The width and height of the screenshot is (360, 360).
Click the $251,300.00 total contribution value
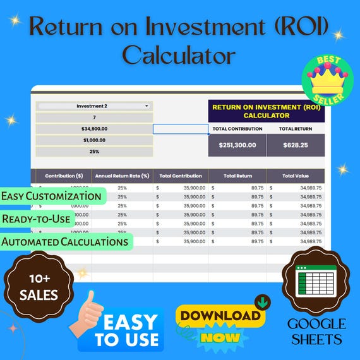click(x=237, y=145)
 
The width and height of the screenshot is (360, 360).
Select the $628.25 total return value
click(x=295, y=145)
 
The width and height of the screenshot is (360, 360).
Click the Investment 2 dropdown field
click(x=95, y=106)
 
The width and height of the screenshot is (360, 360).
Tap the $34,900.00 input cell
click(x=95, y=129)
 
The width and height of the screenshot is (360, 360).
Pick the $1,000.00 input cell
click(x=95, y=140)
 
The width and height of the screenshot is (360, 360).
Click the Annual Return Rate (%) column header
click(x=122, y=176)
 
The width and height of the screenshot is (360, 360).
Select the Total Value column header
click(x=295, y=176)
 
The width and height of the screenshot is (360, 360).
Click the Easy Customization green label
click(x=52, y=196)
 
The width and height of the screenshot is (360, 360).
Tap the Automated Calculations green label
click(x=64, y=241)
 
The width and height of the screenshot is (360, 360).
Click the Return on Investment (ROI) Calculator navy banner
click(x=266, y=111)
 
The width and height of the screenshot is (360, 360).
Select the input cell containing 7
click(x=95, y=117)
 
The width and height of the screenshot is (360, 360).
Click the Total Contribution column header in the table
click(x=181, y=176)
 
